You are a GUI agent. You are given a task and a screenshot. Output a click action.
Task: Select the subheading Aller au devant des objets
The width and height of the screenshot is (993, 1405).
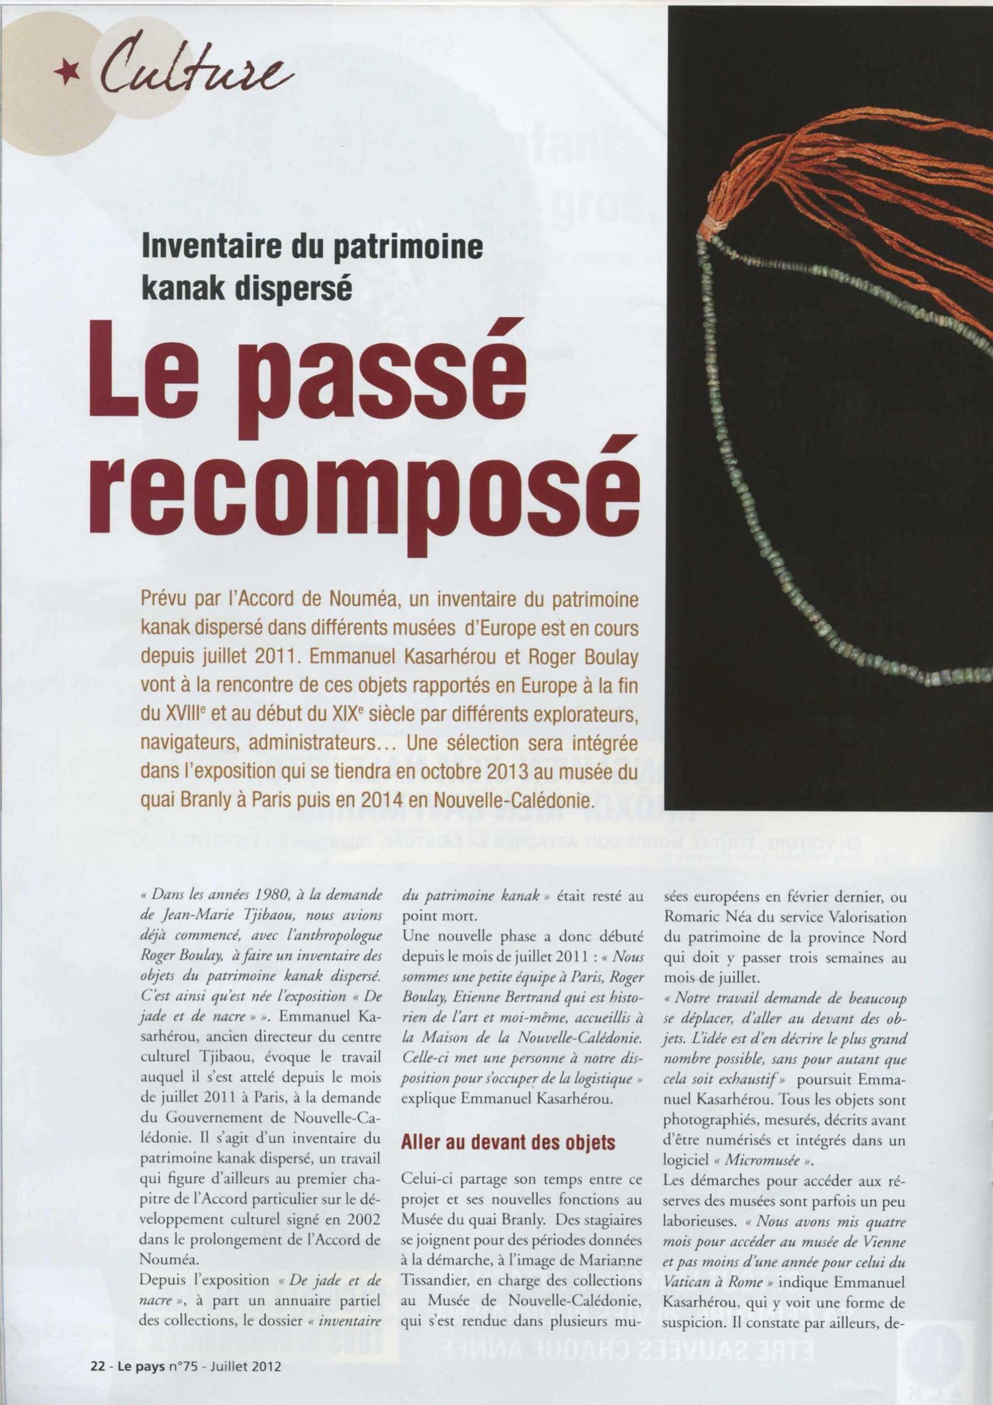(508, 1143)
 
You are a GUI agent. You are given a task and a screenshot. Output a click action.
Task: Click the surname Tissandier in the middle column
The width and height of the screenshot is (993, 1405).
(436, 1261)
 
